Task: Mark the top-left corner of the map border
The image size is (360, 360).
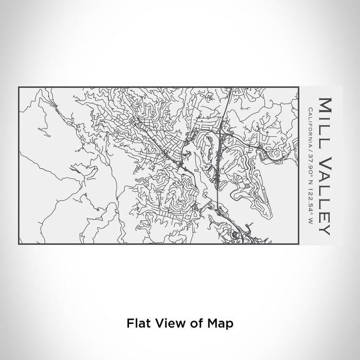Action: point(19,87)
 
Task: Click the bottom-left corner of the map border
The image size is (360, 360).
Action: point(19,244)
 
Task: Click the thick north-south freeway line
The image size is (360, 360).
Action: point(218,170)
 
